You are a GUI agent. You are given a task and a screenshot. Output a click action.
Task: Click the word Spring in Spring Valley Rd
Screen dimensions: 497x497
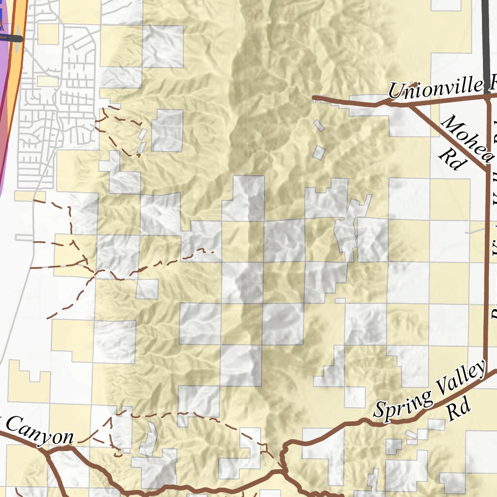pos(403,404)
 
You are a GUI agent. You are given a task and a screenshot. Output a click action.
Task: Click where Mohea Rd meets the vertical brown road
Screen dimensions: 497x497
pos(486,170)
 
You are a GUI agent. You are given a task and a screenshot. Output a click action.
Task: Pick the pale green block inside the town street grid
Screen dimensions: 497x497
pos(47,81)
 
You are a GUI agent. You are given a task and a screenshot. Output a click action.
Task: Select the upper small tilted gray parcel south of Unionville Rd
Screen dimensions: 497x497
pos(318,125)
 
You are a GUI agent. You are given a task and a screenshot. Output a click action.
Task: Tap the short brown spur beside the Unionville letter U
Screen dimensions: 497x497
pos(413,84)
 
